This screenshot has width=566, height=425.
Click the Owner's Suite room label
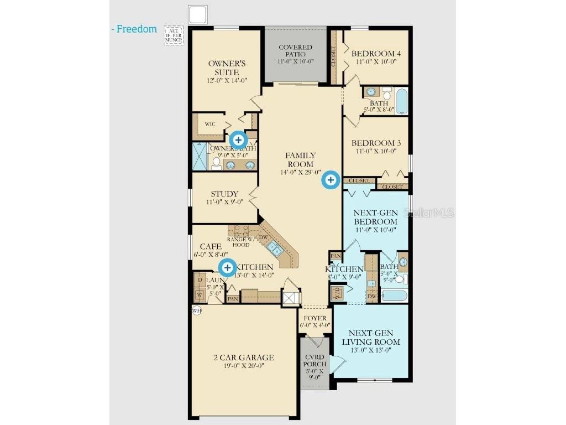[x=227, y=68]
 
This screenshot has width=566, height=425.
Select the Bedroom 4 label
[x=376, y=54]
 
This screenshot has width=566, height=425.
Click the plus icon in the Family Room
[x=331, y=180]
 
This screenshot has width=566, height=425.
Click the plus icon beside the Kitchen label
[x=227, y=268]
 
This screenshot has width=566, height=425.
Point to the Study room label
[x=224, y=194]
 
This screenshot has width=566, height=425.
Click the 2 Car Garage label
[x=244, y=357]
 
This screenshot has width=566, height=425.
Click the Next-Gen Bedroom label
[x=376, y=217]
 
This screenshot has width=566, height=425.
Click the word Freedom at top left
[x=137, y=29]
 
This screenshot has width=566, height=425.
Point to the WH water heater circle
[x=196, y=310]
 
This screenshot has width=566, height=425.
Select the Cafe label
[x=211, y=246]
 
